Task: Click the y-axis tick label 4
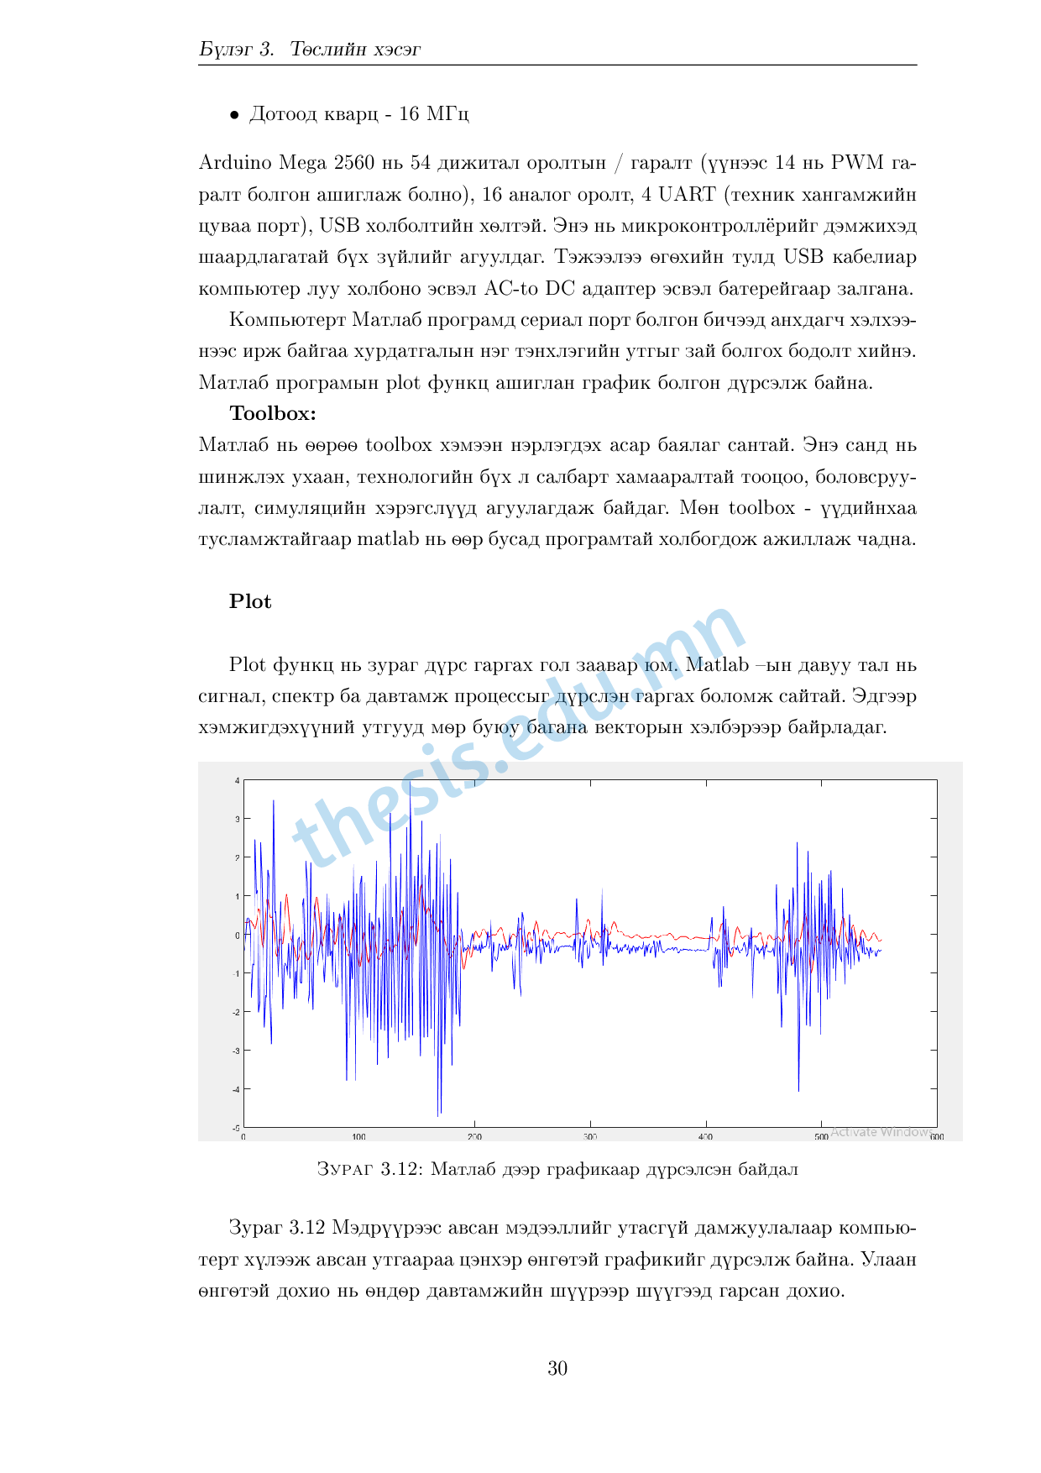[x=238, y=781]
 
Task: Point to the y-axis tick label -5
[x=237, y=1127]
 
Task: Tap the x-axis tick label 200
[x=474, y=1137]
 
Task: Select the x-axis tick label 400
[x=705, y=1137]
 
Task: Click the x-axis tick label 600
[x=937, y=1137]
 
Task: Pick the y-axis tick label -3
[x=237, y=1051]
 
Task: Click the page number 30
[x=557, y=1368]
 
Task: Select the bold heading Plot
[x=250, y=601]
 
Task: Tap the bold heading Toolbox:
[x=273, y=413]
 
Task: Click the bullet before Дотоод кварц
[x=235, y=115]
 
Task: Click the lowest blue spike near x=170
[x=438, y=1114]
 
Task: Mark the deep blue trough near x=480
[x=798, y=1089]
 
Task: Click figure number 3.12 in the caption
[x=400, y=1169]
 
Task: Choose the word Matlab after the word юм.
[x=717, y=664]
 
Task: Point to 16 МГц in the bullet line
[x=433, y=113]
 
